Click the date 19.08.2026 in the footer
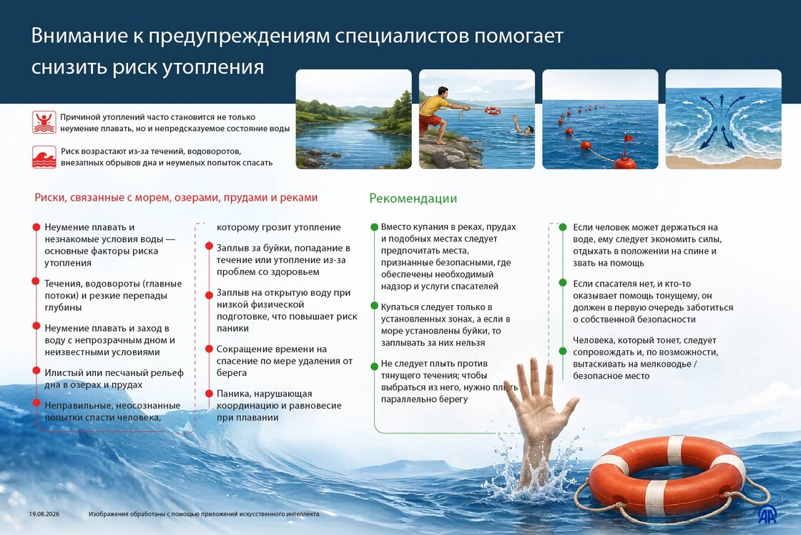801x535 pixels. (44, 514)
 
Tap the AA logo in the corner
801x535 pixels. (767, 514)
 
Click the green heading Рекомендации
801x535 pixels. (413, 198)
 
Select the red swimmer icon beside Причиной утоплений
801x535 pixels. (44, 122)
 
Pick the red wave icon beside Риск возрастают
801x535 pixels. (44, 157)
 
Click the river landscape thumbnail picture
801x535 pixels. (353, 119)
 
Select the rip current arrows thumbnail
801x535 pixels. (723, 119)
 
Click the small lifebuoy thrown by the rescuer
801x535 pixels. (493, 111)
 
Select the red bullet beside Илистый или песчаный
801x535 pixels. (36, 370)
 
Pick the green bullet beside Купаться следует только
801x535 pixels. (375, 307)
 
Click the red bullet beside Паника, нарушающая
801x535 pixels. (209, 393)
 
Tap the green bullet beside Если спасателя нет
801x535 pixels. (562, 283)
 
